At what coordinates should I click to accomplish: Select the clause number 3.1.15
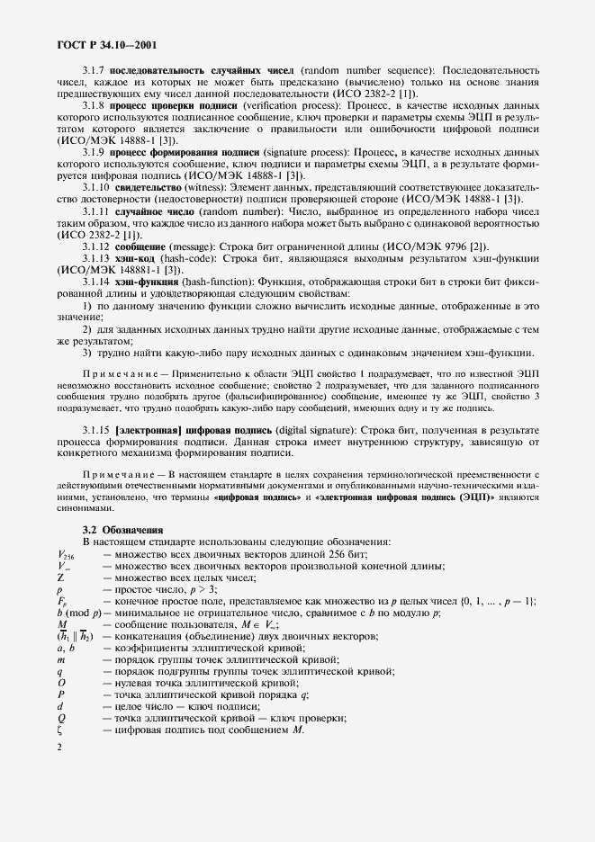[x=96, y=430]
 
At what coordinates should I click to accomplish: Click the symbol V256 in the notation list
[x=67, y=555]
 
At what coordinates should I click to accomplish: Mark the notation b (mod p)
[x=78, y=613]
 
